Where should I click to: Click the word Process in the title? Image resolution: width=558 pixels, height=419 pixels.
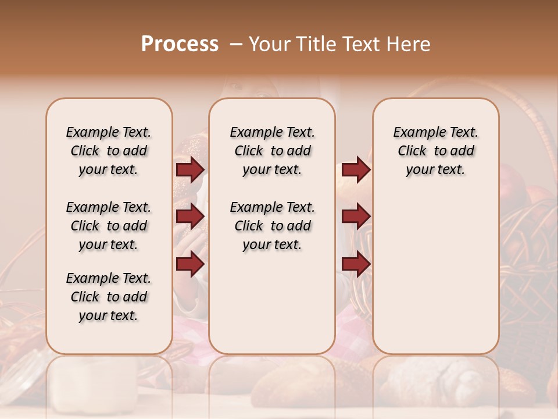click(180, 44)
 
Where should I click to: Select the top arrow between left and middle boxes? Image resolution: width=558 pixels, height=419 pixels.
click(190, 169)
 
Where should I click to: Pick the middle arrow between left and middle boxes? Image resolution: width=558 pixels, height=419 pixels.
click(190, 216)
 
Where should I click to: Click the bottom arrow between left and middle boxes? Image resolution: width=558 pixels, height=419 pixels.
click(190, 264)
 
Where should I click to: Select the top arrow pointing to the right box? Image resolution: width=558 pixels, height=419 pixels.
click(356, 169)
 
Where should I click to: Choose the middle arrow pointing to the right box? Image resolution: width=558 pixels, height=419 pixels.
click(356, 216)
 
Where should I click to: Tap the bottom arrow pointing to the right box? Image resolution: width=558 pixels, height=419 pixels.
click(356, 264)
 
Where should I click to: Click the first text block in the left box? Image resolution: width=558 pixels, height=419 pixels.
click(109, 151)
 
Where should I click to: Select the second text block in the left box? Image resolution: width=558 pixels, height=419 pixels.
click(109, 226)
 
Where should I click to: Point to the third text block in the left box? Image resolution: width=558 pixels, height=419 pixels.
click(109, 297)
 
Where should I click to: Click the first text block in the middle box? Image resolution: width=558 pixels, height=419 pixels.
click(272, 151)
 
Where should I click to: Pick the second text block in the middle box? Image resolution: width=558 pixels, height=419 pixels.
click(272, 226)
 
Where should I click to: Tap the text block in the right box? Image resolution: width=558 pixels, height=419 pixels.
click(435, 151)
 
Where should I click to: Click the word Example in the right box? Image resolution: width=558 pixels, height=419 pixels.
click(416, 133)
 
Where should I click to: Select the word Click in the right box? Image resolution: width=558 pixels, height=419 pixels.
click(412, 151)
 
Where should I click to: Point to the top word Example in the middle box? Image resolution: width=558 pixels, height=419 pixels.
click(253, 133)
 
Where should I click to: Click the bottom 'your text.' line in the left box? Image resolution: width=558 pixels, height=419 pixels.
click(109, 315)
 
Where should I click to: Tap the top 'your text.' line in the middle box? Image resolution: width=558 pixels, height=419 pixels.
click(272, 170)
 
